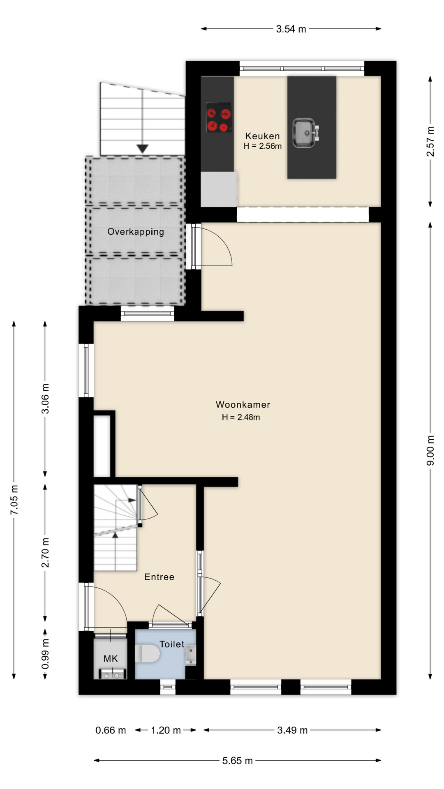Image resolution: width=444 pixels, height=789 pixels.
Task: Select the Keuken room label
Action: [x=262, y=136]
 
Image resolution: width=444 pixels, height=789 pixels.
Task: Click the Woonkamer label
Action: [x=243, y=405]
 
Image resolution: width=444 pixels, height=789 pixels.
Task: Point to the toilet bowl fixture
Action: [x=148, y=653]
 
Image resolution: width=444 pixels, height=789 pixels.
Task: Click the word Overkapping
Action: [x=136, y=232]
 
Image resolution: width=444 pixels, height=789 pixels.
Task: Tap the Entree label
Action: [x=159, y=577]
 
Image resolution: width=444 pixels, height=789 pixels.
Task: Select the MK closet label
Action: [x=111, y=659]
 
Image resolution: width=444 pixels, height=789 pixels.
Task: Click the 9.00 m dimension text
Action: [x=430, y=450]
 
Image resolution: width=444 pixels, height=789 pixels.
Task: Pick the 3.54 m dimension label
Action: [x=291, y=29]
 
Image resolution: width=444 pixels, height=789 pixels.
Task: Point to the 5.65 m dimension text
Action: [x=238, y=761]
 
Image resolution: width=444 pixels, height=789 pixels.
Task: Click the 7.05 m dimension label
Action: [x=14, y=500]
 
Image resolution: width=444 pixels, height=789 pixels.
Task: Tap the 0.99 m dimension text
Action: [x=45, y=654]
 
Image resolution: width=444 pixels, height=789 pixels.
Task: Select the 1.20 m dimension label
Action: [x=166, y=730]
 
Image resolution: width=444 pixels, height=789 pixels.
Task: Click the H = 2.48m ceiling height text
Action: [x=241, y=418]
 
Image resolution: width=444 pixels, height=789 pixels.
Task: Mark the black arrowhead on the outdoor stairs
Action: [x=142, y=149]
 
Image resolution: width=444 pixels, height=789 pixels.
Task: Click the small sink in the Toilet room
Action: [x=191, y=655]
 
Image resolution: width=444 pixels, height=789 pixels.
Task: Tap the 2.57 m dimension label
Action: [x=430, y=141]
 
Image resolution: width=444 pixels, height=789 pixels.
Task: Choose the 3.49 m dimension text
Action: [x=292, y=730]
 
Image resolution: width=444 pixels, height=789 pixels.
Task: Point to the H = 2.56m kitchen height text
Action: [x=263, y=146]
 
